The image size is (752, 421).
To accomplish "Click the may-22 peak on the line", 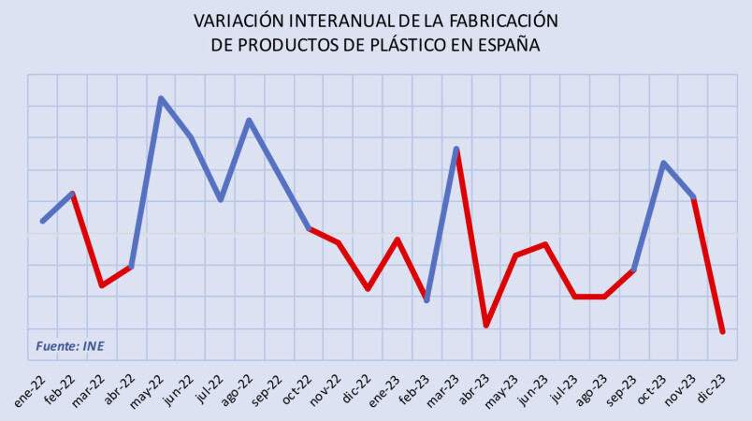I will click(x=161, y=98).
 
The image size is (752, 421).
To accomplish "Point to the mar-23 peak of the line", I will click(x=456, y=149).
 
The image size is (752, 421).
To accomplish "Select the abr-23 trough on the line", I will click(x=486, y=326).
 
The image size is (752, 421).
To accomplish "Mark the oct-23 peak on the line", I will click(x=663, y=163).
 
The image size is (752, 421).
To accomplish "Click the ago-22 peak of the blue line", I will click(x=249, y=120).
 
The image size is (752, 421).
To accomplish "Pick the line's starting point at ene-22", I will click(x=43, y=221).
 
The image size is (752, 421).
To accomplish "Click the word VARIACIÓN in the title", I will click(x=239, y=20).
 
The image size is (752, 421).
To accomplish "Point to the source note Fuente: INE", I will click(x=70, y=346).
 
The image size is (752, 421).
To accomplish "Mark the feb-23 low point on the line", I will click(x=427, y=300).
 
